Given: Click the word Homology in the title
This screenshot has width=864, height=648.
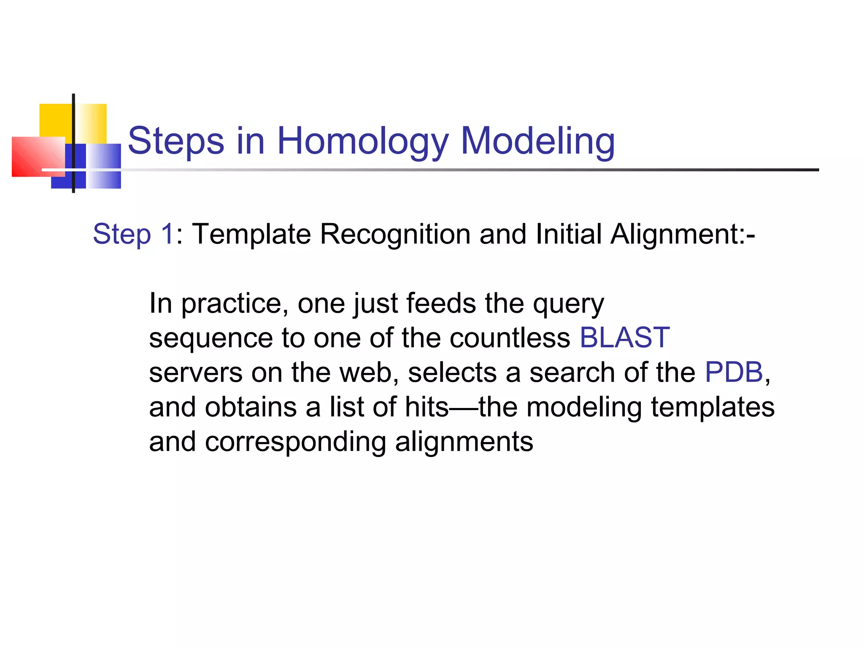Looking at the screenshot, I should click(362, 141).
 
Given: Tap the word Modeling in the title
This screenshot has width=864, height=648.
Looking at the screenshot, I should click(537, 141).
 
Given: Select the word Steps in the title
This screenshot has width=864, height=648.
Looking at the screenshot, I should click(175, 141).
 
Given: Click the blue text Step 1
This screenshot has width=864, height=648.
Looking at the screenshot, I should click(133, 234).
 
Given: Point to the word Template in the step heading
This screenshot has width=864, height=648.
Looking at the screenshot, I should click(251, 234).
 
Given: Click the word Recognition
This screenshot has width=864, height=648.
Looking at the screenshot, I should click(395, 234).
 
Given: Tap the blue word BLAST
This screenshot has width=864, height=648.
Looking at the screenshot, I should click(624, 338).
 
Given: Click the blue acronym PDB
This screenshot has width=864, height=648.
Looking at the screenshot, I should click(734, 373).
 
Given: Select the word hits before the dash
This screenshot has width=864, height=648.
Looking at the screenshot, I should click(427, 407).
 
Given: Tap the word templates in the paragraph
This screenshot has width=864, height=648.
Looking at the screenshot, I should click(713, 407).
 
